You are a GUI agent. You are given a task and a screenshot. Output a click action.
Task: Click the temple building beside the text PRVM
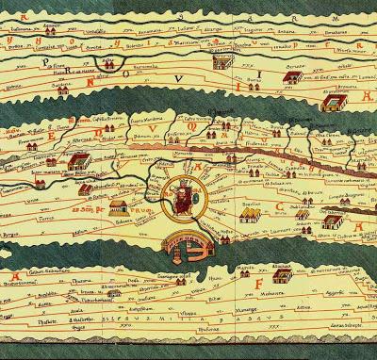pyautogui.click(x=119, y=206)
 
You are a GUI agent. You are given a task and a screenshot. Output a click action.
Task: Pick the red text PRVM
pyautogui.click(x=142, y=210)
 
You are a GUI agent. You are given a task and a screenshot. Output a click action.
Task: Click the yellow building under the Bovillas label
pyautogui.click(x=249, y=216)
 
